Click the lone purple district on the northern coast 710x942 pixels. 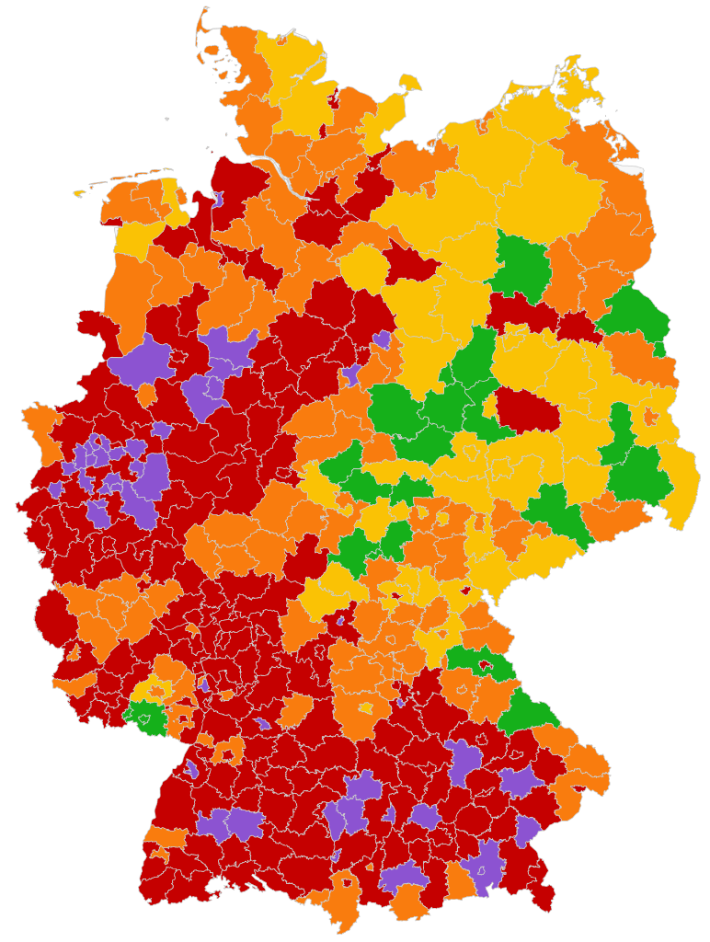(x=218, y=200)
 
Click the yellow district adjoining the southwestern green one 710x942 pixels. (x=147, y=689)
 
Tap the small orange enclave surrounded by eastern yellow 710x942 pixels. (x=651, y=416)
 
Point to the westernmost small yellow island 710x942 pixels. (x=79, y=193)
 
